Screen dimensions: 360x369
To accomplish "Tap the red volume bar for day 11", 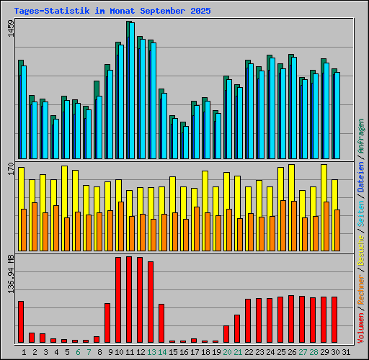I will tap(129, 300).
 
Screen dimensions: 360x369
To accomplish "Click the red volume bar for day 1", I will tap(21, 321).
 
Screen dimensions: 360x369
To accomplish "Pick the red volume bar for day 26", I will tap(291, 319).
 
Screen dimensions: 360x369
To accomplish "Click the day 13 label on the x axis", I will tap(151, 351).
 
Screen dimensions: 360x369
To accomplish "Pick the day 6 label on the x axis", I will tap(78, 351).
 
